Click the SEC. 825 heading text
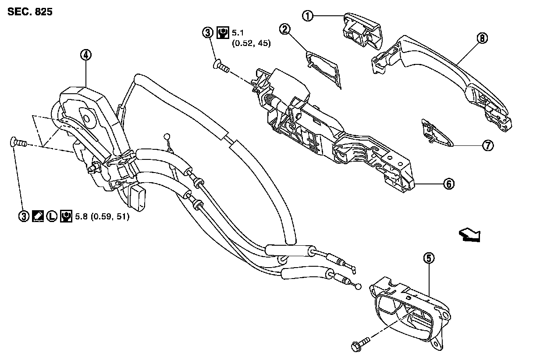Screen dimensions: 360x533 tap(30, 12)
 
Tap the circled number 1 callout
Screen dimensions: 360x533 tap(309, 16)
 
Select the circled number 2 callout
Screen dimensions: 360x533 tap(285, 29)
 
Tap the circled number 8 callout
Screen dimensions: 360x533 tap(482, 38)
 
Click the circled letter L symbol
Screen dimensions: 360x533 tap(52, 216)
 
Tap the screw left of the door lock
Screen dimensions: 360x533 tap(18, 142)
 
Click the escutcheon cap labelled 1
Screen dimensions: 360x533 tap(362, 31)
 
